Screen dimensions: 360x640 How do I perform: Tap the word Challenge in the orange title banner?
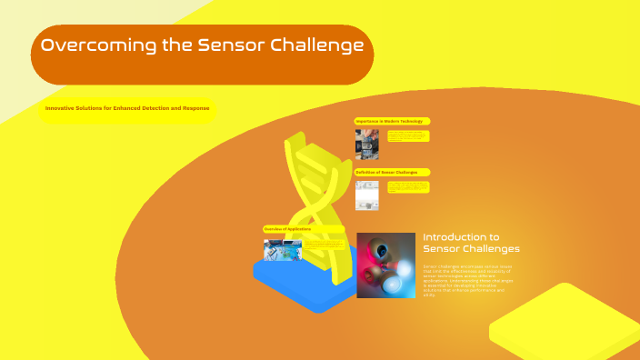pos(318,45)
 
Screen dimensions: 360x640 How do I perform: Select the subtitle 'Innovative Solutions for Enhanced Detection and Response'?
pos(127,108)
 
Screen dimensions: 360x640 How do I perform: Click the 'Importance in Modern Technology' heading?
pos(391,121)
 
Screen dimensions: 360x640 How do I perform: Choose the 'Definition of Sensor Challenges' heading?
pos(392,172)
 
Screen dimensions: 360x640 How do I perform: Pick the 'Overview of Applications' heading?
pos(288,229)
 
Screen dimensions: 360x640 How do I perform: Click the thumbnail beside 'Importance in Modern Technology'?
pos(366,143)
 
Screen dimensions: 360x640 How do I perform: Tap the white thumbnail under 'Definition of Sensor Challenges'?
pos(366,195)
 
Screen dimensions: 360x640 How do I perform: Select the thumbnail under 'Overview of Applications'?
pos(282,249)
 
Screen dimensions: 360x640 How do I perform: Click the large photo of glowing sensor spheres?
pos(385,265)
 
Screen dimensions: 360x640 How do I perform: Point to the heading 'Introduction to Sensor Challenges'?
pos(471,243)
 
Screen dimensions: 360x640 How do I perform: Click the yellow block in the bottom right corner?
pos(564,323)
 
